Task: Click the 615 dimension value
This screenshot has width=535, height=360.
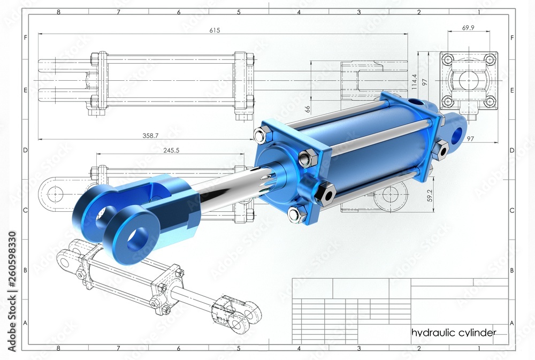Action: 215,30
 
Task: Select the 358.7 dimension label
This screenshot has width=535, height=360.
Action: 151,136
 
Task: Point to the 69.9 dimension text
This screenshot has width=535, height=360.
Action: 468,28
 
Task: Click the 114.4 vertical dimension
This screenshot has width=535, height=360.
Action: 414,81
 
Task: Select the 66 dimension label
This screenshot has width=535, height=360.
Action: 308,109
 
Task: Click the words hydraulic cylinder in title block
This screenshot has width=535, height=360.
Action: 453,333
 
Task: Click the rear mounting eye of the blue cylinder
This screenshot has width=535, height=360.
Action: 456,134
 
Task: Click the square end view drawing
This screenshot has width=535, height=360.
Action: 469,80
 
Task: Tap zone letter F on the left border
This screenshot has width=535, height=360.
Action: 25,37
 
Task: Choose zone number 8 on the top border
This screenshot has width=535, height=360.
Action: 58,11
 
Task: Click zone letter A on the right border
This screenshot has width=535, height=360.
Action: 512,323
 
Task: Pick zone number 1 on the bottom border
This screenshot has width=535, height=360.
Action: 479,348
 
